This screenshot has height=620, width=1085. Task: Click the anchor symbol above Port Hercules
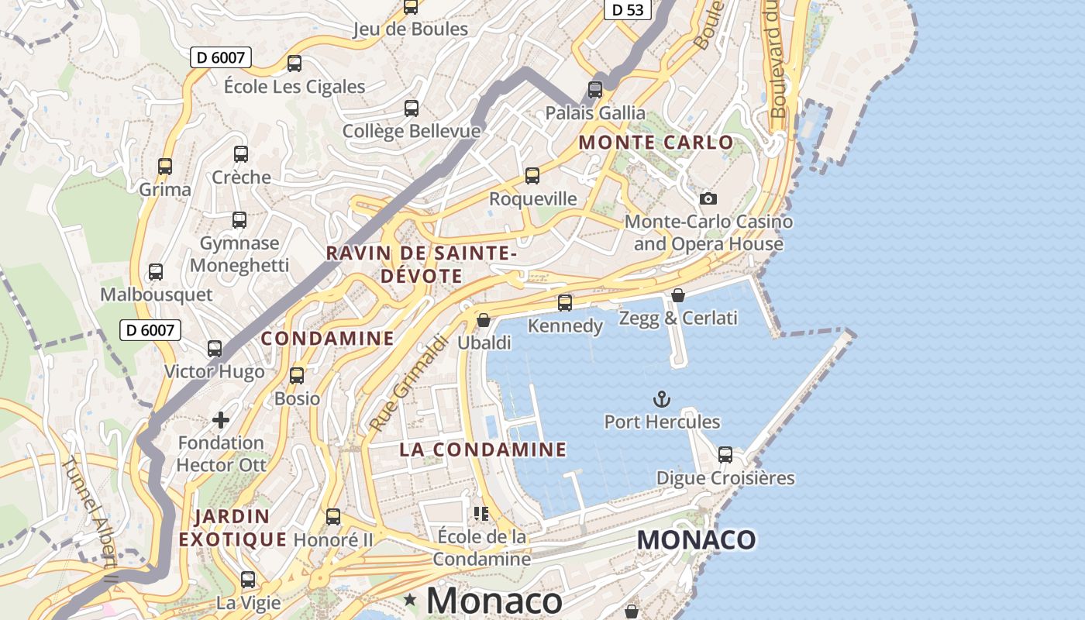coord(661,400)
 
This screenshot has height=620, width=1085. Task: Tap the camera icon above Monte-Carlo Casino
coord(708,199)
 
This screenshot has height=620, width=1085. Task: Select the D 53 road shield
coord(627,9)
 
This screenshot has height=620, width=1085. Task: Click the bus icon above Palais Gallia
coord(595,90)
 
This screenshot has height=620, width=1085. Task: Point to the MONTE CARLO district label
coord(656,143)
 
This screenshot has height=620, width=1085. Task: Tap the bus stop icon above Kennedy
coord(565,303)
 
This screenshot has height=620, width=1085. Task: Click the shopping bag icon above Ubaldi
coord(484,320)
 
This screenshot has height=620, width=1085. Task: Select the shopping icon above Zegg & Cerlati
coord(678,295)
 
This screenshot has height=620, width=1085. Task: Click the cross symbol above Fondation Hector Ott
coord(221,420)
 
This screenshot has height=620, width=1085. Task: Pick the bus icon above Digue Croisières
coord(725,455)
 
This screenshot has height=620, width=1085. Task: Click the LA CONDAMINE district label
coord(483,449)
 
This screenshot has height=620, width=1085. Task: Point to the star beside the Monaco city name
coord(410,600)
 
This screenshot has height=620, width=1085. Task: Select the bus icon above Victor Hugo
coord(215,349)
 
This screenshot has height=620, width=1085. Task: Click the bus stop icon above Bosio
coord(297,376)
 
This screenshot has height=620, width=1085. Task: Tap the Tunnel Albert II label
coord(90,521)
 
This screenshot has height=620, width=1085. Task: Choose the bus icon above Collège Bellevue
coord(412,108)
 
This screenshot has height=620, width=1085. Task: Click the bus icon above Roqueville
coord(532,176)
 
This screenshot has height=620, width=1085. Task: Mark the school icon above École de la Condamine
coord(481,514)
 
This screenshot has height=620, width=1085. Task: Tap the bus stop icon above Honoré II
coord(333,516)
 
